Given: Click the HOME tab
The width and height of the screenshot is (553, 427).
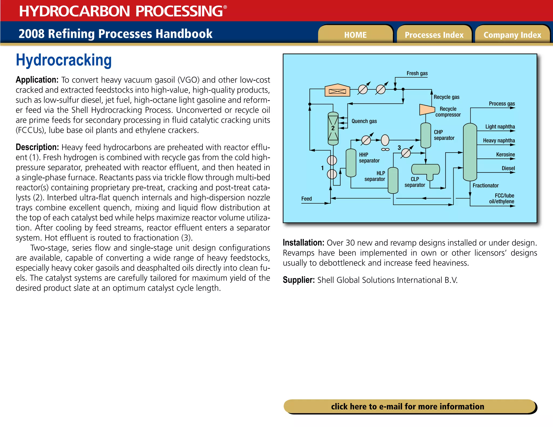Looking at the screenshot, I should tap(355, 35).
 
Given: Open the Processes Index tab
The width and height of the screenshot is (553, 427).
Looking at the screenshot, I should tap(434, 35).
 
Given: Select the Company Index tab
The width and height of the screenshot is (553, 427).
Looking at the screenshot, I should tap(512, 35).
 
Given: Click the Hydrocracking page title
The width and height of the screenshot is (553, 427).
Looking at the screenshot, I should tap(64, 60).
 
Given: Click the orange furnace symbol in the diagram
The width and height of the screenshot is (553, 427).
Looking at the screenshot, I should tap(337, 91).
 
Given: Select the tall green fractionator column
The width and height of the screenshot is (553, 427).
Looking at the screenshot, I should tap(470, 152).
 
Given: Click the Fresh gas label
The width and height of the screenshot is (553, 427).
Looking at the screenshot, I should tap(417, 73).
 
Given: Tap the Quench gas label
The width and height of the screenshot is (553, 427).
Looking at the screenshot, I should tap(364, 121).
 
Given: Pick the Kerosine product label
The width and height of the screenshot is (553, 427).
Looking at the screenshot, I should tap(505, 154).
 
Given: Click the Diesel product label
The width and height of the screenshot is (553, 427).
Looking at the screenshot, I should tap(508, 168).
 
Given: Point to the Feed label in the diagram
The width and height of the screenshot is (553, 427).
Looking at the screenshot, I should tap(306, 199).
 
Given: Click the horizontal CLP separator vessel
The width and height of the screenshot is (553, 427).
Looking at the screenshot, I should tap(425, 170).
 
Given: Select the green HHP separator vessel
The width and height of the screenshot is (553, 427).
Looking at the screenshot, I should tap(351, 163).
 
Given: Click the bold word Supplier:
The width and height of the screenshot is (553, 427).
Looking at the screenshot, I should tap(299, 280).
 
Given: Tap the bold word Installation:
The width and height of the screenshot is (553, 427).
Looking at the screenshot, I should tap(303, 243).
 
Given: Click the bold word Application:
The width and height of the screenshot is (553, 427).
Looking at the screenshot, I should tap(37, 80).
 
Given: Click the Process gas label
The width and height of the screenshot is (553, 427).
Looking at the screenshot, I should tap(502, 104).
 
